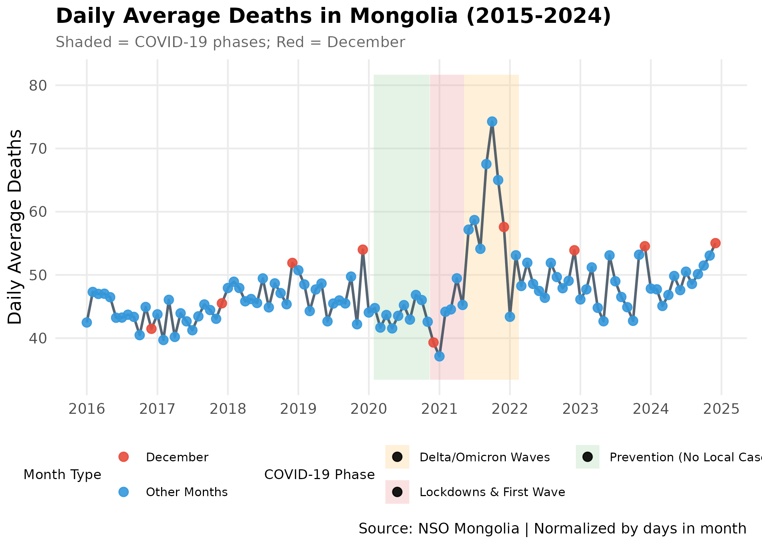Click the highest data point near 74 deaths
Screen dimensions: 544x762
point(492,121)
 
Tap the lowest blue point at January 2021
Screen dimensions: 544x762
point(439,356)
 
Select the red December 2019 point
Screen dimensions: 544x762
point(362,250)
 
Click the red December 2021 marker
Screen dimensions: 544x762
point(504,227)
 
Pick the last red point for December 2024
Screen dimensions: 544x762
point(715,243)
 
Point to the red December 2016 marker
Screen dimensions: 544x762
point(151,329)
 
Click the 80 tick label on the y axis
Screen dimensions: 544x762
point(38,86)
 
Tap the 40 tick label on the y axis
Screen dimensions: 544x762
point(38,338)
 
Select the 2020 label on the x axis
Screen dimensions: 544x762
point(369,409)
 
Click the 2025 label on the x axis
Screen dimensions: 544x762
point(721,409)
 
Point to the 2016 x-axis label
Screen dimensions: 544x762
point(87,409)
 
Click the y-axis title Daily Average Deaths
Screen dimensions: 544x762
point(15,227)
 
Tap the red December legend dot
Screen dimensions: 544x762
point(124,457)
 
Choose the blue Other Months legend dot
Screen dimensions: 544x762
point(124,492)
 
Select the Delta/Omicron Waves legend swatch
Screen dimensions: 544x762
point(397,457)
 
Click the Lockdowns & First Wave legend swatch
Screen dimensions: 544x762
point(397,492)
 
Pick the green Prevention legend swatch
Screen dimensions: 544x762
point(587,457)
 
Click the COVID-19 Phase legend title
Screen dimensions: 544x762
point(319,474)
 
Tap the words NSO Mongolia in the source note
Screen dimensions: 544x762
point(468,529)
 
